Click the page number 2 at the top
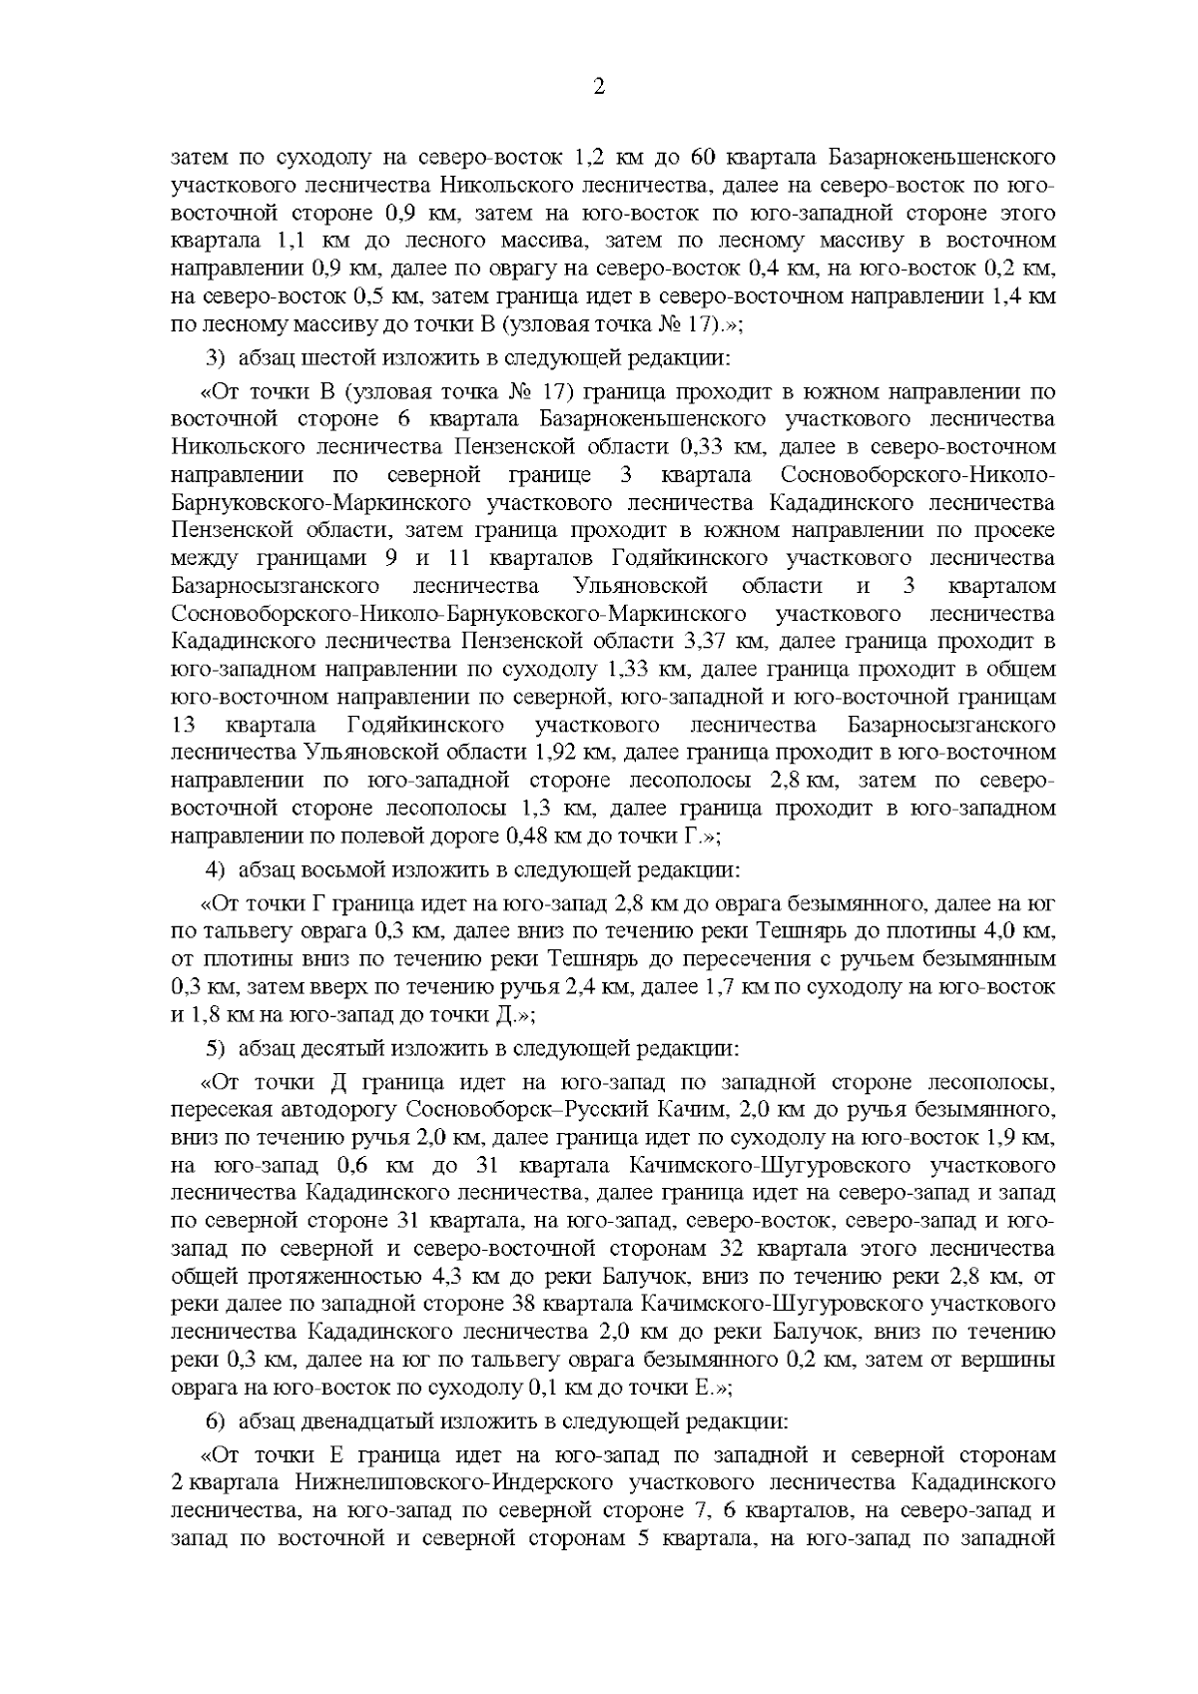[x=599, y=87]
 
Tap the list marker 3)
[x=215, y=357]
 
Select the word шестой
[x=329, y=357]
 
